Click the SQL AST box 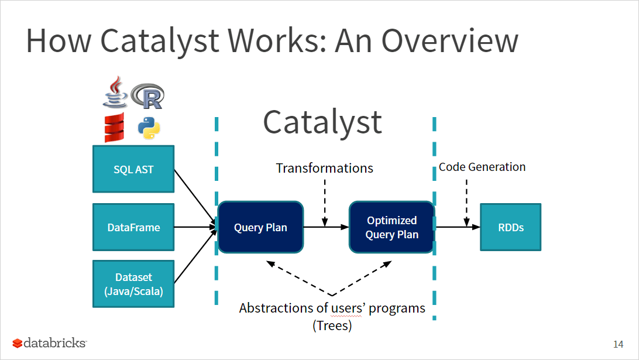click(x=133, y=169)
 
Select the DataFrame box click(x=133, y=227)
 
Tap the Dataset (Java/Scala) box click(x=133, y=283)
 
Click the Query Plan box click(x=260, y=227)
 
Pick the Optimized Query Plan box click(x=391, y=227)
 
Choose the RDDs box click(x=510, y=227)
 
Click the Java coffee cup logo click(x=115, y=92)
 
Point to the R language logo click(x=148, y=96)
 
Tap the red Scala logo click(x=115, y=128)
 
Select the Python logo click(x=149, y=128)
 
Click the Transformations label click(x=325, y=169)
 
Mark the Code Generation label click(x=482, y=167)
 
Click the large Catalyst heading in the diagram click(x=322, y=122)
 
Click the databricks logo click(x=50, y=342)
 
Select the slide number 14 click(x=618, y=344)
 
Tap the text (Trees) click(x=332, y=325)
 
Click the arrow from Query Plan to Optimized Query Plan click(x=326, y=227)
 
